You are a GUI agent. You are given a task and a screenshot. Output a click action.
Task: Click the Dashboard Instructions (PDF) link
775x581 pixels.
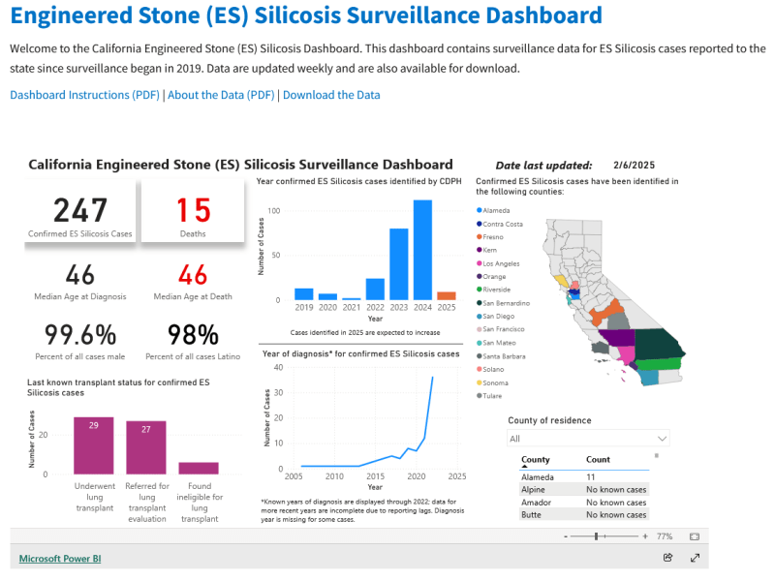pyautogui.click(x=84, y=95)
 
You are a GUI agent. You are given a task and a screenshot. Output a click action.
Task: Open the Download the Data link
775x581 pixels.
pyautogui.click(x=331, y=95)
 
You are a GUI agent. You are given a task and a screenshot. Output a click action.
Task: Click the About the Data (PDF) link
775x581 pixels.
pyautogui.click(x=221, y=95)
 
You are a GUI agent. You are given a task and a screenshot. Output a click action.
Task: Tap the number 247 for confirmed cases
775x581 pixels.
pyautogui.click(x=80, y=210)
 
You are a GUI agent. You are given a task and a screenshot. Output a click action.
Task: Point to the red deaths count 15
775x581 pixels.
pyautogui.click(x=193, y=210)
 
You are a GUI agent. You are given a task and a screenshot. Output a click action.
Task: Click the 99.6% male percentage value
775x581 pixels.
pyautogui.click(x=80, y=335)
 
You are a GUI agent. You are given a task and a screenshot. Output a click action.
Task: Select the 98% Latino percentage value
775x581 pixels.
pyautogui.click(x=193, y=335)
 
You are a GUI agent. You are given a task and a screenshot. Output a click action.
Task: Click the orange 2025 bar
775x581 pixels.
pyautogui.click(x=446, y=295)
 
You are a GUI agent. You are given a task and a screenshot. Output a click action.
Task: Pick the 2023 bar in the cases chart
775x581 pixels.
pyautogui.click(x=398, y=264)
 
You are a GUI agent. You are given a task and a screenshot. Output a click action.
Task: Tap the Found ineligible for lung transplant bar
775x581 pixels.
pyautogui.click(x=199, y=468)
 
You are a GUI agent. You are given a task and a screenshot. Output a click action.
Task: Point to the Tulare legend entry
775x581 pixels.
pyautogui.click(x=491, y=396)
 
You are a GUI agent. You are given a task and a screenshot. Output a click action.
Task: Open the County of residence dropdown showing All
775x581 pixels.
pyautogui.click(x=588, y=439)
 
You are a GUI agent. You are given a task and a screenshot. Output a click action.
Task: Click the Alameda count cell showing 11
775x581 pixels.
pyautogui.click(x=592, y=477)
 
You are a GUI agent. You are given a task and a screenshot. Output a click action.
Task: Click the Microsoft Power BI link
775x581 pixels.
pyautogui.click(x=60, y=559)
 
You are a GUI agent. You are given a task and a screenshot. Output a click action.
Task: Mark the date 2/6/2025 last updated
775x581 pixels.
pyautogui.click(x=635, y=166)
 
